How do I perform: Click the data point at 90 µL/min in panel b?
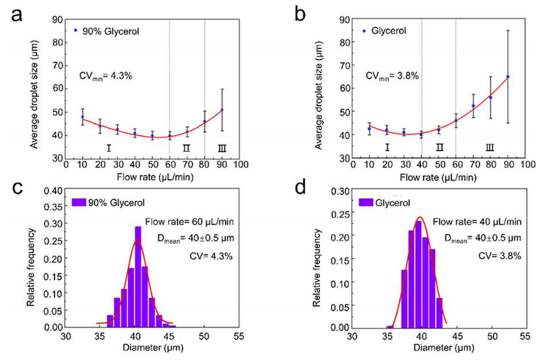[507, 76]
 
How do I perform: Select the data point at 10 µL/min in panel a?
[82, 117]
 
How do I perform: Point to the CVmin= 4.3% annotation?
[106, 75]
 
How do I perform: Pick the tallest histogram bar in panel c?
[137, 276]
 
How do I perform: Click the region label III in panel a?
[222, 148]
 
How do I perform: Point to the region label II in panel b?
[439, 147]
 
